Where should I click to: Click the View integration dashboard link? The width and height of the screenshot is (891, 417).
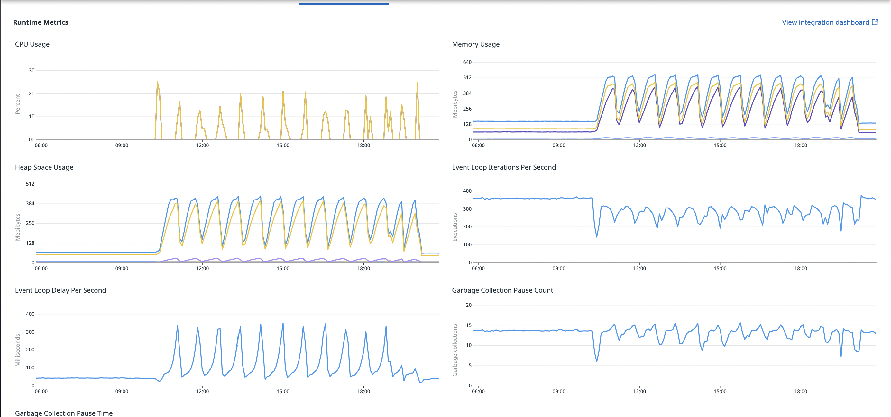click(825, 22)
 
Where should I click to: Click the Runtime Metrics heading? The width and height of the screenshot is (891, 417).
click(41, 22)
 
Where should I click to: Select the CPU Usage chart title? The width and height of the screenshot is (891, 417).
click(32, 44)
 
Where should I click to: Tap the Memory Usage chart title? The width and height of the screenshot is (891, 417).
click(476, 44)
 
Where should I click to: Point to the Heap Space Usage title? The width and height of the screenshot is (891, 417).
click(44, 167)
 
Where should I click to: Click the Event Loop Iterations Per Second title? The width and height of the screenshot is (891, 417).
click(504, 167)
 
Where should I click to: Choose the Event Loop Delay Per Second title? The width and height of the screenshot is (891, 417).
click(60, 290)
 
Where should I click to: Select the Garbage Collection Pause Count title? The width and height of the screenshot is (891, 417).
click(502, 290)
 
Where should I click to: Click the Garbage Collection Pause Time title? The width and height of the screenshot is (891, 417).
click(64, 413)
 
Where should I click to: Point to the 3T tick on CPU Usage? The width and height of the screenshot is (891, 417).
click(32, 70)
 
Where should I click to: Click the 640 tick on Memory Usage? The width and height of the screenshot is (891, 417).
click(467, 62)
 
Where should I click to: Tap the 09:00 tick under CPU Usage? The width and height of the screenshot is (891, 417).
click(122, 146)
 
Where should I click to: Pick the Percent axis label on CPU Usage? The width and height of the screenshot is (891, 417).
click(18, 104)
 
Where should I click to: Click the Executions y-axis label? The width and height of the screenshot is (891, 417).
click(455, 227)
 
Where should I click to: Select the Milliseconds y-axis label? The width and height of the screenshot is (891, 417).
click(18, 350)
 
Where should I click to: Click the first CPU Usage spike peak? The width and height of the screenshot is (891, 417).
click(157, 82)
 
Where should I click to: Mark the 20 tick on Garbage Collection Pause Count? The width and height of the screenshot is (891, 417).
click(468, 305)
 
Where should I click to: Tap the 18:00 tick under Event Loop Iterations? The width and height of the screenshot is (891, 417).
click(800, 269)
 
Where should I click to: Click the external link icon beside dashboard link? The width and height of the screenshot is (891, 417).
click(875, 22)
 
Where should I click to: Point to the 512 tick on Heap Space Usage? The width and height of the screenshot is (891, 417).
click(30, 184)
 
